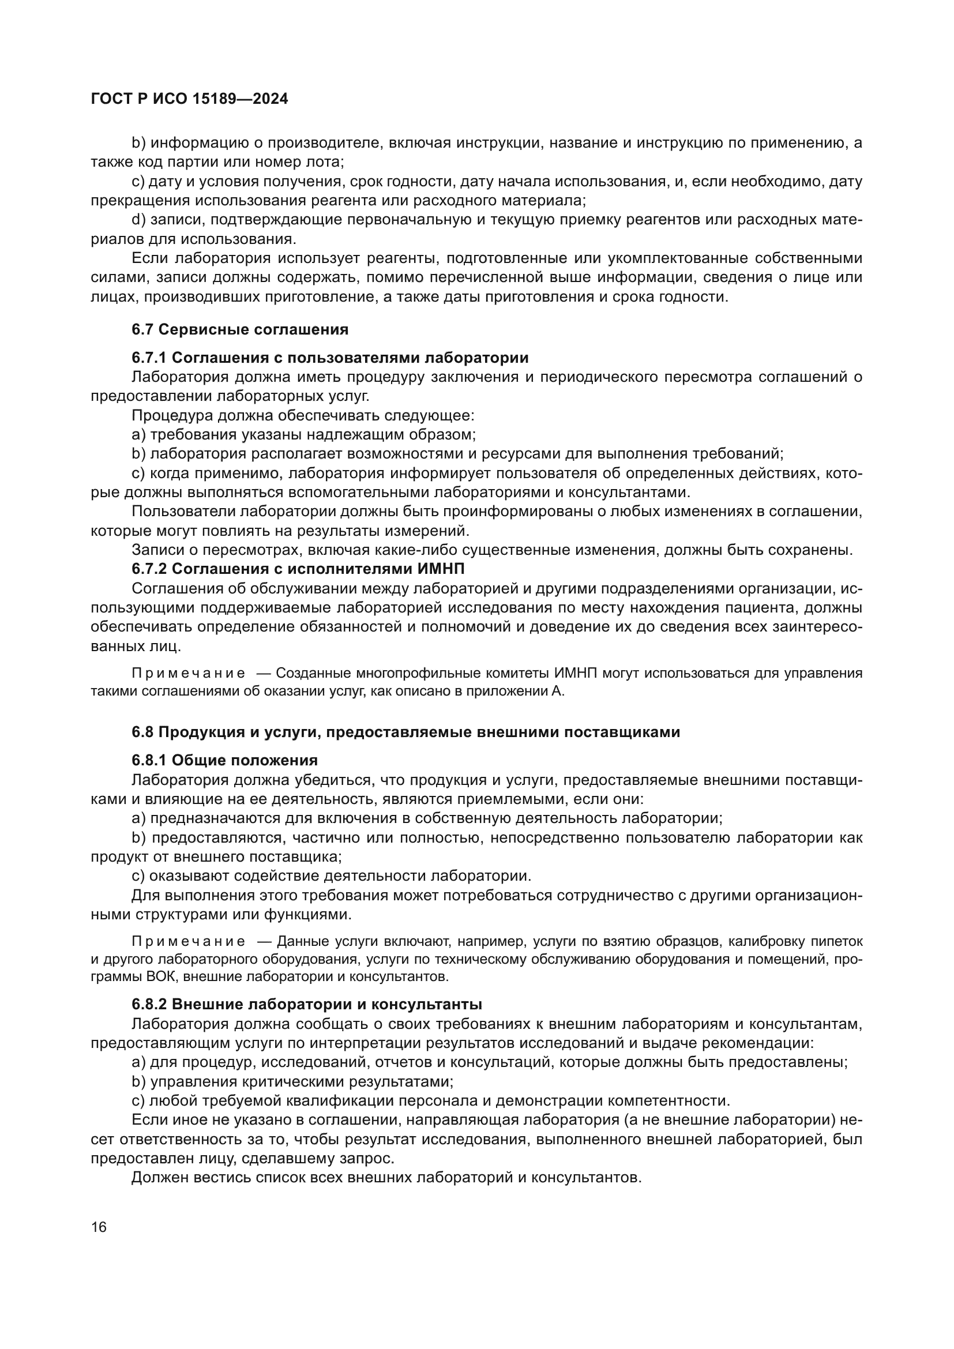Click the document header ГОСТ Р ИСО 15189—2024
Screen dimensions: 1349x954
tap(189, 99)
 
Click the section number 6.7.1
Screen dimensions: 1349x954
tap(149, 357)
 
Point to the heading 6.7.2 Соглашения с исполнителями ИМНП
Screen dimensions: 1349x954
tap(298, 569)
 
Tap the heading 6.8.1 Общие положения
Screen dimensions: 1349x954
tap(224, 760)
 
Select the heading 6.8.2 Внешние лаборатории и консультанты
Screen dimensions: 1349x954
tap(307, 1004)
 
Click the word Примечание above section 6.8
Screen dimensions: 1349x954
tap(188, 672)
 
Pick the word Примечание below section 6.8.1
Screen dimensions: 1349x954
tap(188, 941)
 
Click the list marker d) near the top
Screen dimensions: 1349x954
tap(138, 220)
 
